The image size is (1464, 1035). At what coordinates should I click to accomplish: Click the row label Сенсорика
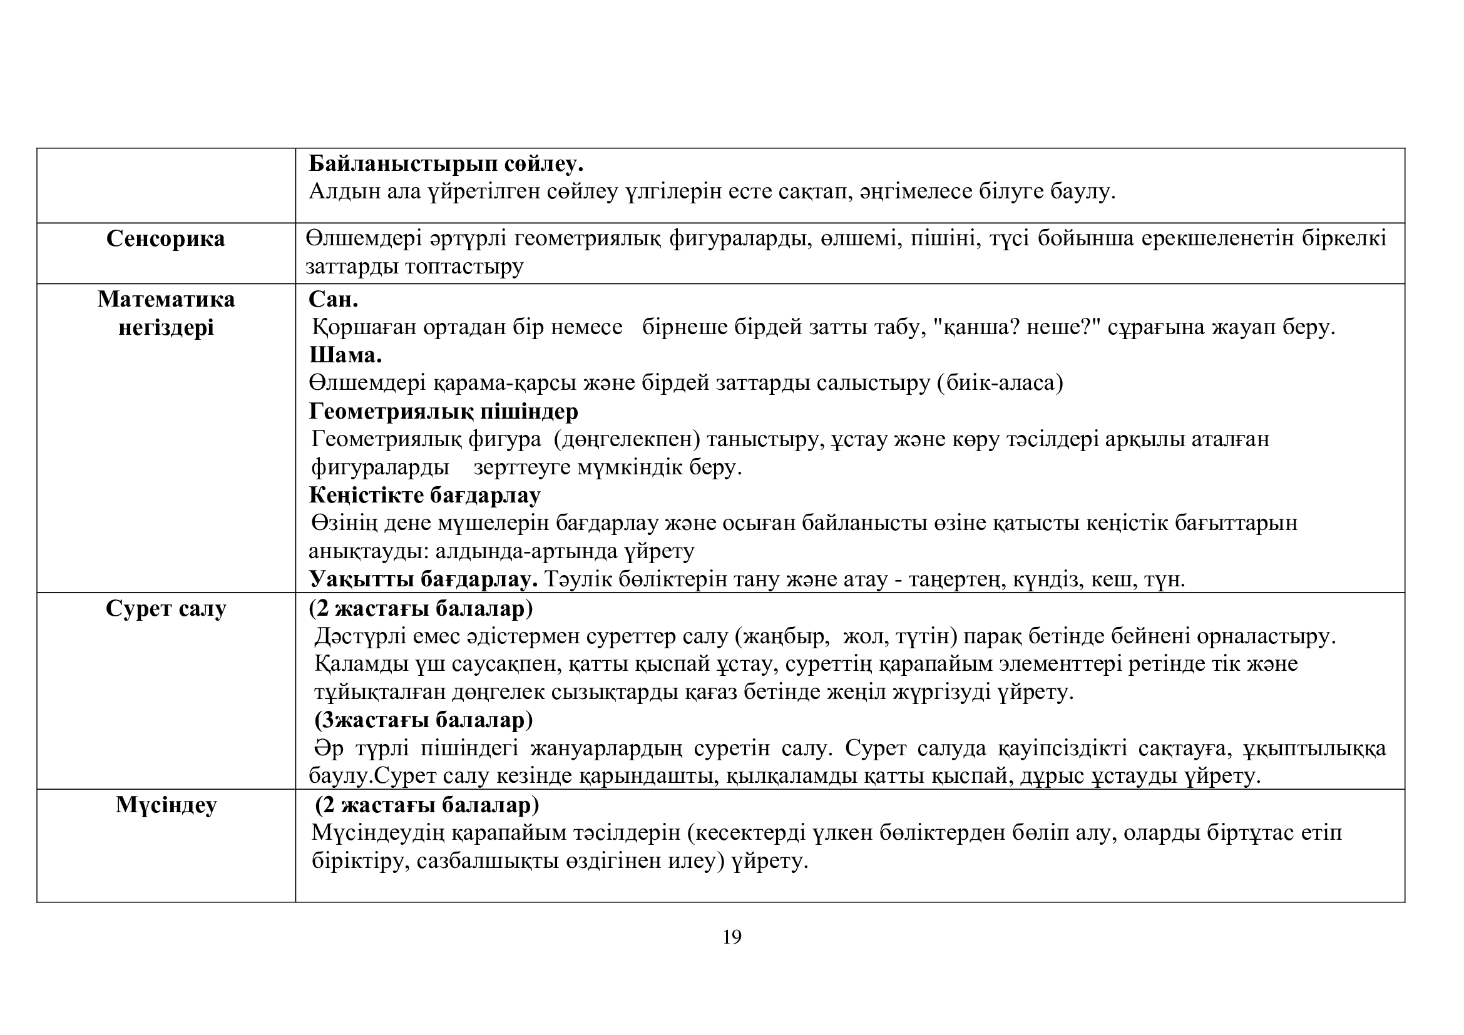click(x=166, y=239)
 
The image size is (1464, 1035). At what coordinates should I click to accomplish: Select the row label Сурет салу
click(x=166, y=609)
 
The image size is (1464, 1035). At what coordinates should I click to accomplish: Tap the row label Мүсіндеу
click(x=166, y=805)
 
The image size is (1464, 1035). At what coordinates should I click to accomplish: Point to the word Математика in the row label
click(x=166, y=299)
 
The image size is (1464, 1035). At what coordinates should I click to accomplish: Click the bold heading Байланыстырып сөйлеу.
click(x=446, y=164)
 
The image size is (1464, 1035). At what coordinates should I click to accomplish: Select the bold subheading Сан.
click(x=334, y=299)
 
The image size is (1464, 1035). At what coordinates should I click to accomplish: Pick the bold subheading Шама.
click(x=346, y=355)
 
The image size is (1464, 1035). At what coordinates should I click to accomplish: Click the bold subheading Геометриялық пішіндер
click(x=443, y=411)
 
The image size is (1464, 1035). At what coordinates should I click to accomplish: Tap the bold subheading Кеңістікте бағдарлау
click(x=424, y=495)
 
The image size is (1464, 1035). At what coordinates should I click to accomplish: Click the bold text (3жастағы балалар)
click(x=423, y=720)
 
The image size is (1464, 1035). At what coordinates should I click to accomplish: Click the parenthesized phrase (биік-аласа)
click(x=1000, y=383)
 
